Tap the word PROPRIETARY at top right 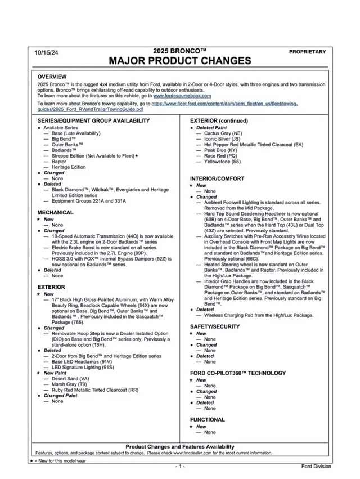(307, 52)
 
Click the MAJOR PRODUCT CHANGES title (180, 61)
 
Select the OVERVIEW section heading (52, 77)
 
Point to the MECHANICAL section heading (55, 213)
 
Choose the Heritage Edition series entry (68, 167)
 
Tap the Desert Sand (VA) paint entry (70, 379)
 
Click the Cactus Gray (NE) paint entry (223, 133)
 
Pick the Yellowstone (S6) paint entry (222, 162)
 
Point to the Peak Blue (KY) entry (221, 150)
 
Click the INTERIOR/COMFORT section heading (217, 179)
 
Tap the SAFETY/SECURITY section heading (215, 327)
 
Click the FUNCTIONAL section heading (207, 420)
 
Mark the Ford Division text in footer (316, 466)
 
